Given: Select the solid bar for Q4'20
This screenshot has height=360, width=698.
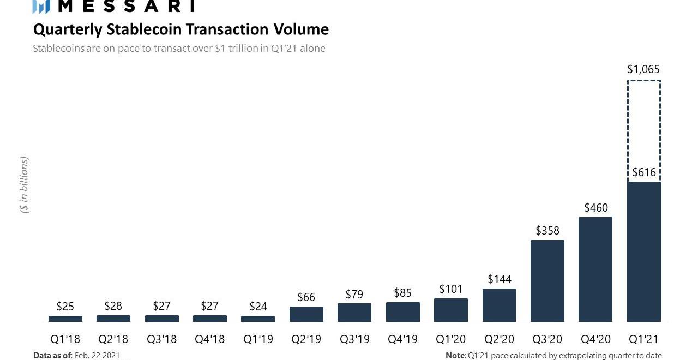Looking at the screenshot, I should click(595, 269).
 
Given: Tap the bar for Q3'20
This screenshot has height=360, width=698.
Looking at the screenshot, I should click(547, 281).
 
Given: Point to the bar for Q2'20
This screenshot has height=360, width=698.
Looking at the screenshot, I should click(499, 305).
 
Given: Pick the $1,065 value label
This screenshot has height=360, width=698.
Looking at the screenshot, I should click(643, 69).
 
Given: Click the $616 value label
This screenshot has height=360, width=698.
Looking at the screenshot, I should click(643, 173).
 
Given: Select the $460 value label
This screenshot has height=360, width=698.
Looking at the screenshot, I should click(595, 208).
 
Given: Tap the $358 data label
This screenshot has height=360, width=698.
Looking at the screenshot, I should click(547, 231).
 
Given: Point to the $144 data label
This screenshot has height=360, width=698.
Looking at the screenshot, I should click(499, 279).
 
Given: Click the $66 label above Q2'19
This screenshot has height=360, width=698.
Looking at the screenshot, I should click(306, 297).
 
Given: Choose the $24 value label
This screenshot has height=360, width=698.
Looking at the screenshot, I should click(258, 307).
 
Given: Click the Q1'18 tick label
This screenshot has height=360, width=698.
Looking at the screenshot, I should click(65, 339).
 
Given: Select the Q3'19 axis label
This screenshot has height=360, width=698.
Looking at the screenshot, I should click(354, 339).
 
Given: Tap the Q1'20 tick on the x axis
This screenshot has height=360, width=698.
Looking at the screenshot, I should click(450, 339).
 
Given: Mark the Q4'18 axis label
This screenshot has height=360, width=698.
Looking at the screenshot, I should click(209, 339).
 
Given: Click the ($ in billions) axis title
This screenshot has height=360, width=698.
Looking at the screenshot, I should click(24, 185).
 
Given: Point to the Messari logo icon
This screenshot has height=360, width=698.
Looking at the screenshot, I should click(41, 6).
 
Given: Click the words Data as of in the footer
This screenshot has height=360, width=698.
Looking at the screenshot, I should click(52, 356).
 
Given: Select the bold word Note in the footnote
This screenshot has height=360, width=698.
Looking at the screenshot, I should click(455, 356).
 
